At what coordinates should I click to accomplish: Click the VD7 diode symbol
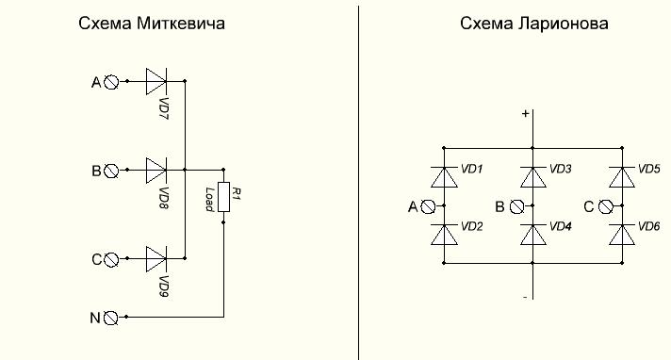(x=156, y=81)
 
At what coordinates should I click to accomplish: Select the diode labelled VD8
(x=156, y=170)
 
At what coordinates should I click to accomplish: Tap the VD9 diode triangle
(x=156, y=258)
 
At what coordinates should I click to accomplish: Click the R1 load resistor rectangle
(x=223, y=196)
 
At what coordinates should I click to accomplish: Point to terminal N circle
(x=111, y=318)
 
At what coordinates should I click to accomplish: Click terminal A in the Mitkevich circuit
(x=111, y=82)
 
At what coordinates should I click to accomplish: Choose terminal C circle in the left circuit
(x=111, y=259)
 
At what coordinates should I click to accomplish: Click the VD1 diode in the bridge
(x=444, y=177)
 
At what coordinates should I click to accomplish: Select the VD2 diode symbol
(x=444, y=235)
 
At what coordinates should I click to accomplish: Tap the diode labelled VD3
(x=533, y=177)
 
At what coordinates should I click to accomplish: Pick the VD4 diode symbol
(x=533, y=235)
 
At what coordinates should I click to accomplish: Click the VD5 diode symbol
(x=622, y=177)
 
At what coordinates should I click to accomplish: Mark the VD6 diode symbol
(x=622, y=235)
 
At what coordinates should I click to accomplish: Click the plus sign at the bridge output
(x=526, y=113)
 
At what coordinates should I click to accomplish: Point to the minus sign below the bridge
(x=526, y=297)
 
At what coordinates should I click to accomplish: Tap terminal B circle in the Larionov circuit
(x=517, y=206)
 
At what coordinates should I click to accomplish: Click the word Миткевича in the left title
(x=181, y=24)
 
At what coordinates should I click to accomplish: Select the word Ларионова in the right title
(x=563, y=24)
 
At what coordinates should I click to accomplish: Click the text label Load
(x=209, y=200)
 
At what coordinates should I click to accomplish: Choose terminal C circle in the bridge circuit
(x=606, y=206)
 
